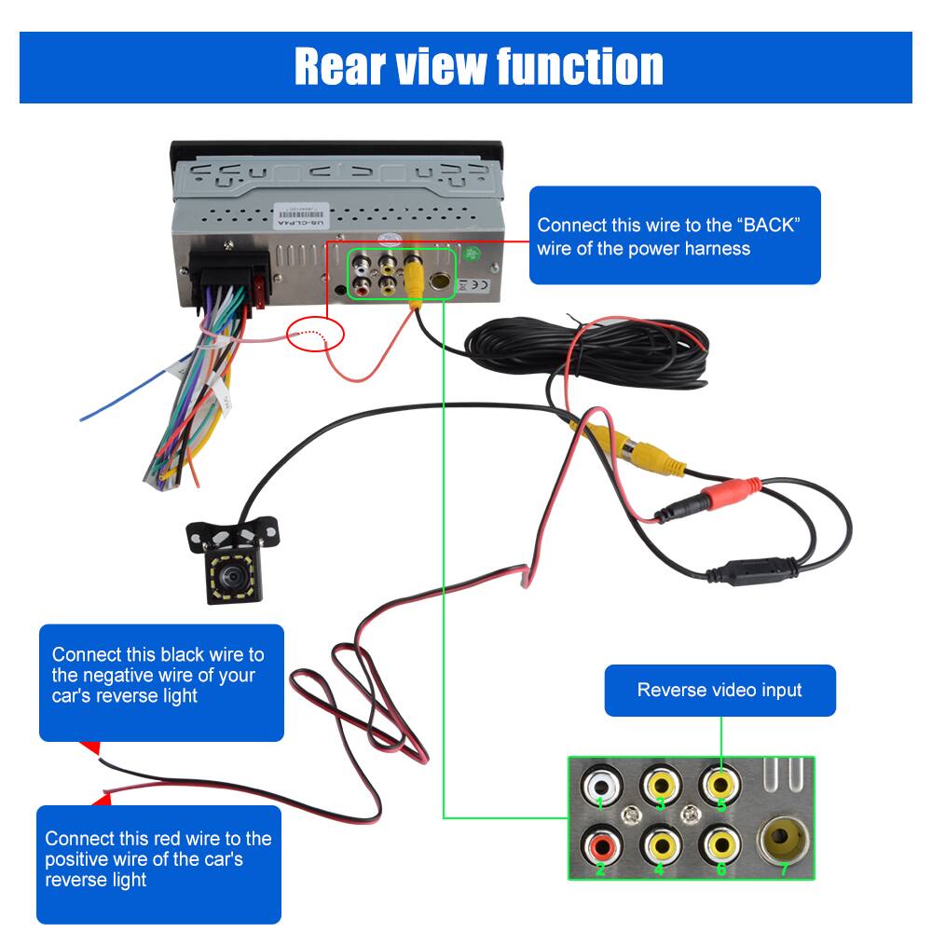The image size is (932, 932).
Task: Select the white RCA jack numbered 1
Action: [598, 785]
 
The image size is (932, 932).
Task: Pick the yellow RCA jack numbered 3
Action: [660, 785]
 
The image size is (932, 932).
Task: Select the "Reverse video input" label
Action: [720, 691]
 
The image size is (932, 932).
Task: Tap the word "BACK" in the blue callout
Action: [767, 226]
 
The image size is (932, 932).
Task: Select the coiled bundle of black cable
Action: [596, 349]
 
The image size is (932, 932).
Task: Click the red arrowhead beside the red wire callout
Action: [102, 798]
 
